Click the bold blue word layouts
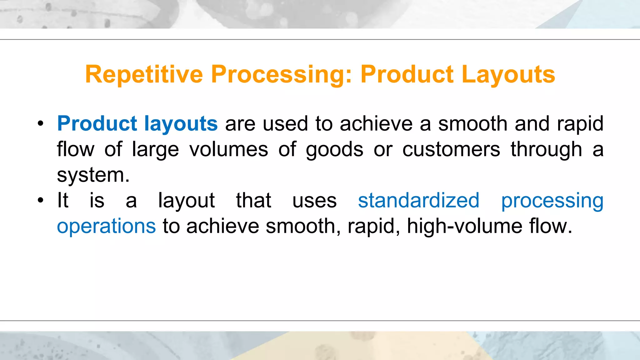point(181,123)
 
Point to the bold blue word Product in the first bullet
point(97,123)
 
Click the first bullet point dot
point(40,124)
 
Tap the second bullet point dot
point(40,201)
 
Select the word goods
point(334,149)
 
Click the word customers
point(451,149)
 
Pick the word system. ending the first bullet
point(93,175)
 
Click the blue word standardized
point(418,200)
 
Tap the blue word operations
point(106,226)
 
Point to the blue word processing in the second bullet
point(552,200)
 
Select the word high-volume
point(464,226)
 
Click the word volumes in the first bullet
point(228,149)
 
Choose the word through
point(546,149)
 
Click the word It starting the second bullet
point(62,200)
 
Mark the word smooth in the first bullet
point(472,123)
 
